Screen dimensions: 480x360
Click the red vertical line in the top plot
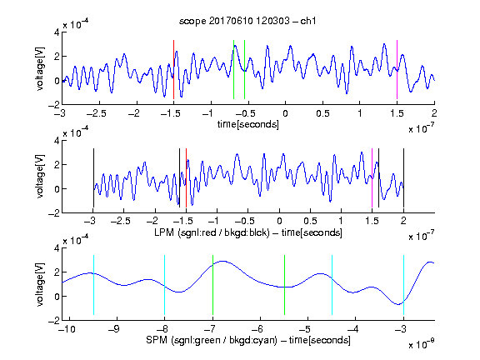[x=173, y=69]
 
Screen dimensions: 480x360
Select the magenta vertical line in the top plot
[x=397, y=69]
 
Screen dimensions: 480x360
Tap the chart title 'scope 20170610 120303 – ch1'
[x=247, y=21]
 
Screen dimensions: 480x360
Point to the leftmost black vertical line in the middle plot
[x=93, y=177]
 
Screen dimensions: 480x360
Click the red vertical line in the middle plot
[x=186, y=177]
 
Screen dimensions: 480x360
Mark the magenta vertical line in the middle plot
[x=372, y=177]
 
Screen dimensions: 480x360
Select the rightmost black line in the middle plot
[x=403, y=177]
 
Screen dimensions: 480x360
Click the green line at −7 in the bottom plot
[x=212, y=285]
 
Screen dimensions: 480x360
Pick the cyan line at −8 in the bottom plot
[x=165, y=285]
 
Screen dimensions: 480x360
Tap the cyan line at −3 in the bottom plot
[x=403, y=285]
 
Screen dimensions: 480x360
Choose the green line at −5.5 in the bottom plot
[x=284, y=285]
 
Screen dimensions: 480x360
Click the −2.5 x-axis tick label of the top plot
[x=96, y=113]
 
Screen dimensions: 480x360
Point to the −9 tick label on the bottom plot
[x=114, y=329]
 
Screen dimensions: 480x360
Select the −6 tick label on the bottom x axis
[x=257, y=329]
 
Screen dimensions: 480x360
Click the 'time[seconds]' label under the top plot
[x=248, y=124]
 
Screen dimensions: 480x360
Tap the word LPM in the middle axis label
[x=164, y=232]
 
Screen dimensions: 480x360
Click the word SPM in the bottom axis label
[x=156, y=340]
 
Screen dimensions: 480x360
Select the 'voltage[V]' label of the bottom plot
[x=40, y=284]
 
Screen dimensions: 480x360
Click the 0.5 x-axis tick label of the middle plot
[x=310, y=221]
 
